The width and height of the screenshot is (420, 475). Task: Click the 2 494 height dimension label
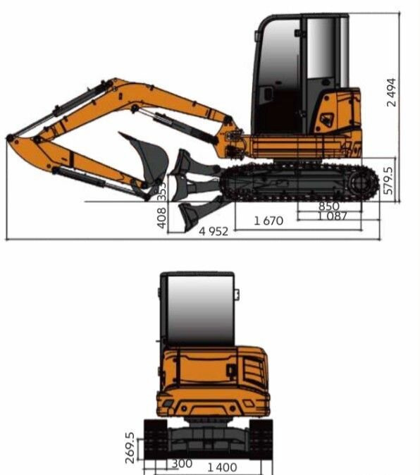(x=391, y=92)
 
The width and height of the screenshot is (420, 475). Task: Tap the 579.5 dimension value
(x=388, y=180)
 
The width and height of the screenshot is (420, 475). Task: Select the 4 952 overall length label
(x=214, y=231)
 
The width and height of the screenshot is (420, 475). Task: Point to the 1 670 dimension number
(x=268, y=221)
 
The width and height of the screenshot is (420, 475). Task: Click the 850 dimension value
(x=329, y=206)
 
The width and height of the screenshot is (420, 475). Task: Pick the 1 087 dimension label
(x=332, y=216)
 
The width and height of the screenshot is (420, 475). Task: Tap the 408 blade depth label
(x=162, y=218)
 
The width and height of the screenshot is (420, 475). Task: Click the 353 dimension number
(x=162, y=192)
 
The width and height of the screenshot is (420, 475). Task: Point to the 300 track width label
(x=182, y=464)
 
